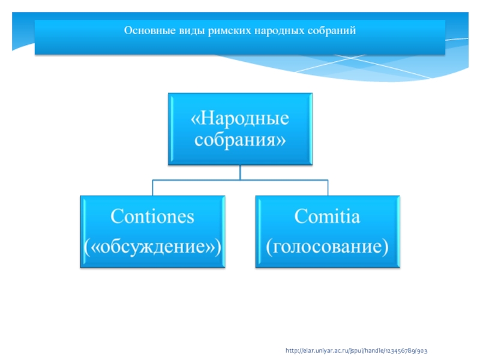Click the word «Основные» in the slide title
143,30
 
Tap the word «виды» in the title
178,30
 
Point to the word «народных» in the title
258,30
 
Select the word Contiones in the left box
153,217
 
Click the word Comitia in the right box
327,217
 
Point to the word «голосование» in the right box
327,246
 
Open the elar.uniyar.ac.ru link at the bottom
356,349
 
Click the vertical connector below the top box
240,172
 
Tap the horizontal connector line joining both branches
240,180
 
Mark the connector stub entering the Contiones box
152,187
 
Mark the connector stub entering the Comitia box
328,187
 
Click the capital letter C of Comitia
299,217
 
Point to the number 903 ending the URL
422,349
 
